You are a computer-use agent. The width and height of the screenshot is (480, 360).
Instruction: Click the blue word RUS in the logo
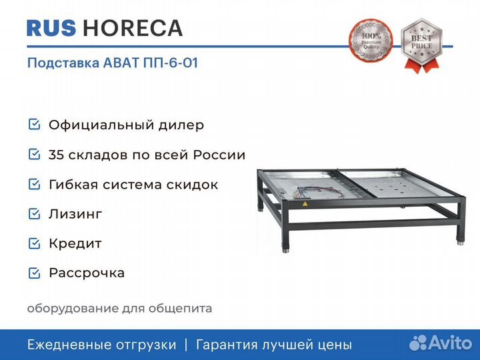pos(51,29)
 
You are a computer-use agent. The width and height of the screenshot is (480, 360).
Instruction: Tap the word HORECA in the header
pos(133,29)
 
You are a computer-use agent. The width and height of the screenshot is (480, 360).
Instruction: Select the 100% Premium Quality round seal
pos(371,41)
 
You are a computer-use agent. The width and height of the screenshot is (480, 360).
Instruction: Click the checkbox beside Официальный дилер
pos(34,125)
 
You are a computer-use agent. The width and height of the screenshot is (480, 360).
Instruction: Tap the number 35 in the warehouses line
pos(56,155)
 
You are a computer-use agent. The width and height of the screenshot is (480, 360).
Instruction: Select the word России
pos(219,155)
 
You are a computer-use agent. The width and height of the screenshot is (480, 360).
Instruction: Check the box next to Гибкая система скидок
pos(34,184)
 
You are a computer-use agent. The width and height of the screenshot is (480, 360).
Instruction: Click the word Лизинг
pos(75,214)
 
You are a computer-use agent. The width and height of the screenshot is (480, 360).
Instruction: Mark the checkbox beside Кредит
pos(34,243)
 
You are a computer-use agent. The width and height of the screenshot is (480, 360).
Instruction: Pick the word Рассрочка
pos(87,273)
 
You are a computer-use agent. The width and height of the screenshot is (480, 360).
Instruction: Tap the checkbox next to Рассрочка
pos(34,273)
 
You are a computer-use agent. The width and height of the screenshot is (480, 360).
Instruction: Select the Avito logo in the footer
pos(441,343)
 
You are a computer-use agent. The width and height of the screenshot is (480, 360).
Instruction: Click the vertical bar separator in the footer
pos(186,345)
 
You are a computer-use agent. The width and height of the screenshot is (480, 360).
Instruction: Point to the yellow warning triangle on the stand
pos(305,203)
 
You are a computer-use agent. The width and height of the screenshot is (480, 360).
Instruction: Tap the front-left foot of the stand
pos(285,250)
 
